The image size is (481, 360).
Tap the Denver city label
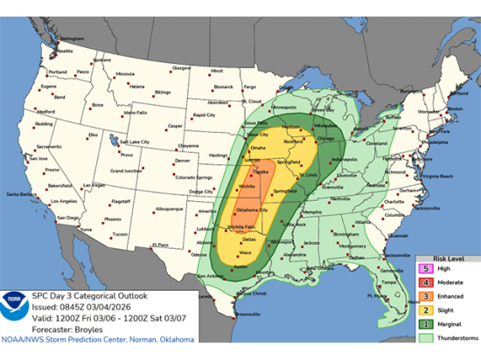tap(182, 161)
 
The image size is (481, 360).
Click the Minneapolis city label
tap(282, 107)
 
